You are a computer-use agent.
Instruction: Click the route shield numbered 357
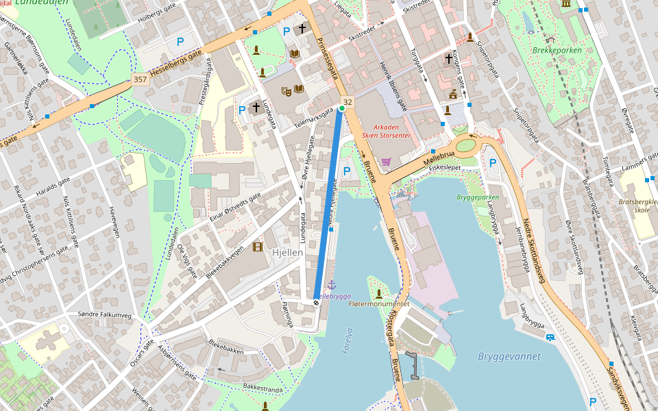click(x=140, y=79)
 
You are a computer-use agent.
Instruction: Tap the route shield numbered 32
click(x=348, y=102)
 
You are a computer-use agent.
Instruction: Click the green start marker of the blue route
click(x=341, y=108)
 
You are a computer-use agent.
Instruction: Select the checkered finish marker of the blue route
click(x=316, y=302)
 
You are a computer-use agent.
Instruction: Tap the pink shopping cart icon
click(x=386, y=162)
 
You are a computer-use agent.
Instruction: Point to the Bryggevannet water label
click(x=509, y=356)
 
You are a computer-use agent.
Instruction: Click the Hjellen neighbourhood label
click(x=287, y=252)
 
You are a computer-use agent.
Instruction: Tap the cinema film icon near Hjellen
click(x=257, y=247)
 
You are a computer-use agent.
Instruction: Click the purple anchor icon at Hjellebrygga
click(x=331, y=284)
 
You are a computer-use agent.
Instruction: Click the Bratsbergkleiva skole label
click(x=638, y=206)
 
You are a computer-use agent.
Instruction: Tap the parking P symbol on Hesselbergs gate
click(x=180, y=42)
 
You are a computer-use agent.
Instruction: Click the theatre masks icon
click(x=287, y=90)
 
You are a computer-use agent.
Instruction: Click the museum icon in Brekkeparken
click(x=566, y=3)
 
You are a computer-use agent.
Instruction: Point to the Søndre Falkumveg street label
click(x=103, y=314)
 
